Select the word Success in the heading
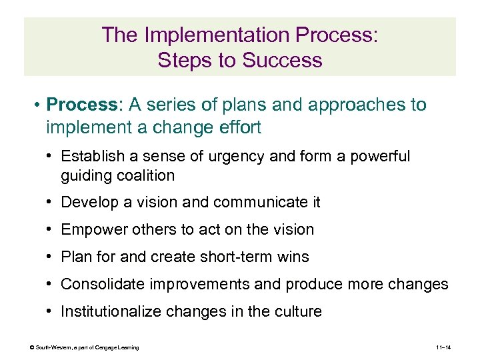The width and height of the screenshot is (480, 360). [x=283, y=60]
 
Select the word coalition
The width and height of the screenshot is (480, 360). [x=145, y=175]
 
